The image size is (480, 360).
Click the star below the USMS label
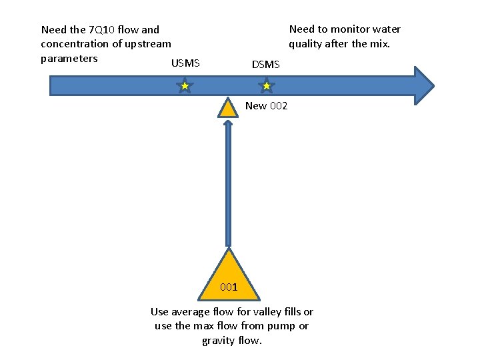[185, 86]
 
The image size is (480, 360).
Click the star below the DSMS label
[266, 86]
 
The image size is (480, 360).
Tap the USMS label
[185, 64]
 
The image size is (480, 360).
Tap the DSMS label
[266, 65]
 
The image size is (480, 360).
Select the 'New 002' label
[266, 106]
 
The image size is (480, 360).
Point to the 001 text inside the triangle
[229, 287]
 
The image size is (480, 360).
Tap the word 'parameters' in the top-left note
[69, 58]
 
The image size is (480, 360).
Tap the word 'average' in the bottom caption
[191, 311]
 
